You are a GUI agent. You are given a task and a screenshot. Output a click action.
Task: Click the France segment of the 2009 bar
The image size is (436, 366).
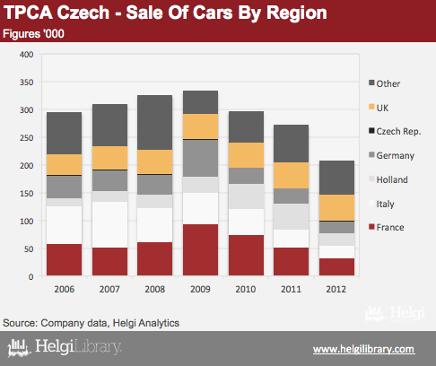click(x=200, y=249)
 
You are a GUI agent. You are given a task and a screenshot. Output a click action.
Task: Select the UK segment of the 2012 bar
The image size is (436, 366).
click(x=336, y=207)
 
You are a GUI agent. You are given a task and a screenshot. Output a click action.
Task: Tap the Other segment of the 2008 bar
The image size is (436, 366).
click(x=154, y=122)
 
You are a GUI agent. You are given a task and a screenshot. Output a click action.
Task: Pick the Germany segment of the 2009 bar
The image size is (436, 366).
click(x=200, y=158)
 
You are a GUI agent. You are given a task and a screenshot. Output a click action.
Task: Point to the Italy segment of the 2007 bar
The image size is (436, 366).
click(x=109, y=224)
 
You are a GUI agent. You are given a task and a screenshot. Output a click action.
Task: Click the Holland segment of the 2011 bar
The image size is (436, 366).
click(x=291, y=216)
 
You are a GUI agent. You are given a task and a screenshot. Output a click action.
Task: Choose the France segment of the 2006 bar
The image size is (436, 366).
click(x=64, y=259)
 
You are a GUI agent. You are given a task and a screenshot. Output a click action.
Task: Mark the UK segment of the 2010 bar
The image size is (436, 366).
click(x=246, y=155)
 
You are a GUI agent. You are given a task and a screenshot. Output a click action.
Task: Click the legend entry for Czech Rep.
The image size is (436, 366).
click(x=395, y=131)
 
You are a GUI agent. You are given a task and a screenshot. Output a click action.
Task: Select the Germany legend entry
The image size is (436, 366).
click(x=391, y=155)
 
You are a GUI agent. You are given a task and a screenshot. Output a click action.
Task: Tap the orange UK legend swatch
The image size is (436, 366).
click(x=371, y=107)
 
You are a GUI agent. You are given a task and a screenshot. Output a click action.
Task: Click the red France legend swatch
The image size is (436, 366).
click(x=371, y=226)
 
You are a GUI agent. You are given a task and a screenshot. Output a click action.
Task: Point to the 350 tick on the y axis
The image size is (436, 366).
click(x=27, y=83)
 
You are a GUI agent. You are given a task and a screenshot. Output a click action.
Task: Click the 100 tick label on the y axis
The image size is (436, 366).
click(x=27, y=222)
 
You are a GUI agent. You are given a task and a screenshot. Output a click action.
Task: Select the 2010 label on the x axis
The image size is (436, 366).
click(x=246, y=289)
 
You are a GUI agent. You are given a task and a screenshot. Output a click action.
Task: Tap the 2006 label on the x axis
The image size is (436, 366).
click(x=65, y=289)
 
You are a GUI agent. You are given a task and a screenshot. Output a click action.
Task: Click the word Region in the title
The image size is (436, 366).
click(x=297, y=13)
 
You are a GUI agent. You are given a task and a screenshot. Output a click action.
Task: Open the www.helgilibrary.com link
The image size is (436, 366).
click(x=364, y=349)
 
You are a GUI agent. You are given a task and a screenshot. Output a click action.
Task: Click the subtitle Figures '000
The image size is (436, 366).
click(x=33, y=34)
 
